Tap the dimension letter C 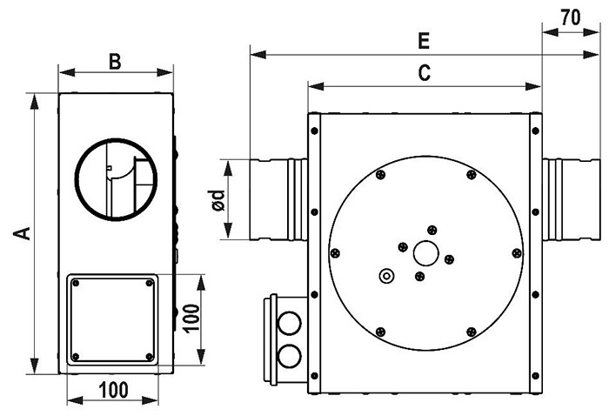pyautogui.click(x=424, y=74)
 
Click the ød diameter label pyautogui.click(x=219, y=200)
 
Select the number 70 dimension pyautogui.click(x=571, y=17)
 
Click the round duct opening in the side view pyautogui.click(x=117, y=178)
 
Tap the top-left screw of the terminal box pyautogui.click(x=76, y=283)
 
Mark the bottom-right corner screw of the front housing pyautogui.click(x=532, y=376)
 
